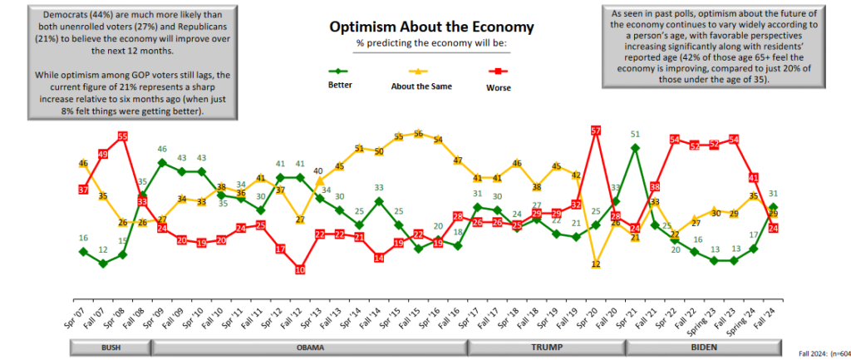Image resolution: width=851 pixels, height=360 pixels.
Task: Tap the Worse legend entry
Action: pos(498,84)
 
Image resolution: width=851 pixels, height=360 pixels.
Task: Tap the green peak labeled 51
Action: pos(635,147)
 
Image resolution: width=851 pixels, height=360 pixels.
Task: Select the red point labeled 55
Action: pos(122,136)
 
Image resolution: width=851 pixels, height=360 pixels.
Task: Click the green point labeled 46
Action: pos(163,161)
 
